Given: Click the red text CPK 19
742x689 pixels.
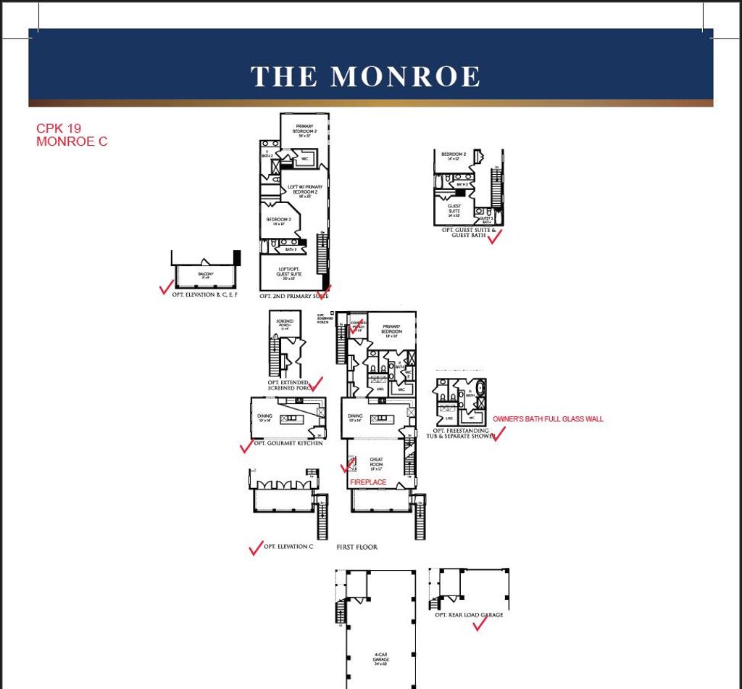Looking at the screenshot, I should pyautogui.click(x=59, y=128).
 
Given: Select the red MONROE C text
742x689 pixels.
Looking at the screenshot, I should pyautogui.click(x=72, y=141).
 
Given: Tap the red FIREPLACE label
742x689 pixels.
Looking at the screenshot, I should pyautogui.click(x=368, y=482).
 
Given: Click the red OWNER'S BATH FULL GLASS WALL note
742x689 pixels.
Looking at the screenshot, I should pyautogui.click(x=548, y=419).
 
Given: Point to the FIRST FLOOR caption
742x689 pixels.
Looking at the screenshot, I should pyautogui.click(x=357, y=547).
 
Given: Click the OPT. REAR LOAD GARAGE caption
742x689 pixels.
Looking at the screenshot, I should pyautogui.click(x=469, y=614).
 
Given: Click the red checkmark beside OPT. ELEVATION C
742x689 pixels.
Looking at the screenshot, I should pyautogui.click(x=256, y=548).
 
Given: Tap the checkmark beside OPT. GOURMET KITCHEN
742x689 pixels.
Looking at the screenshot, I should pyautogui.click(x=247, y=446).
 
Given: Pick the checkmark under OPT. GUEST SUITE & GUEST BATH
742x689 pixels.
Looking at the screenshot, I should pyautogui.click(x=495, y=237).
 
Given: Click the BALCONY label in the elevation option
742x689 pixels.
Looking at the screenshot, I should pyautogui.click(x=206, y=274).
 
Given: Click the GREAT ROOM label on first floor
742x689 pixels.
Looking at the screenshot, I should pyautogui.click(x=376, y=462).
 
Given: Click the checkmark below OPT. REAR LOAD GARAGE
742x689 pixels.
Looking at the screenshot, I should pyautogui.click(x=479, y=624).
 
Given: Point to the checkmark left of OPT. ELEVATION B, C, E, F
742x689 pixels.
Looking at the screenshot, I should pyautogui.click(x=166, y=288).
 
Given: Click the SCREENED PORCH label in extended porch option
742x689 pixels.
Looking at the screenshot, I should pyautogui.click(x=285, y=323).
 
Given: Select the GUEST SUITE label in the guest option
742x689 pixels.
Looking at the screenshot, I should pyautogui.click(x=454, y=208).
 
